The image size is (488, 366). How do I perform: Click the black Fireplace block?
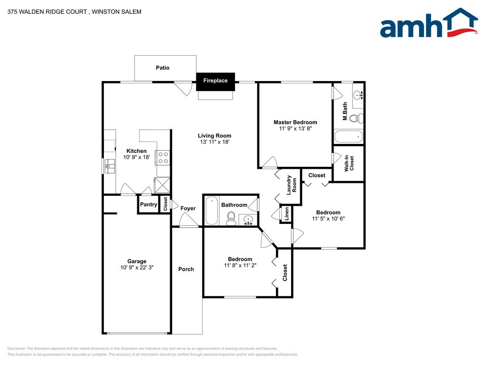click(215, 81)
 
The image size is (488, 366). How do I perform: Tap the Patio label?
click(163, 68)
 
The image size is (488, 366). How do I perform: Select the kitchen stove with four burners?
click(163, 157)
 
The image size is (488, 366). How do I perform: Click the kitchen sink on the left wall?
click(109, 166)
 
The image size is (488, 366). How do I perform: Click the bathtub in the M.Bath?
click(348, 137)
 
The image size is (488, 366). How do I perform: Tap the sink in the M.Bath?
click(358, 94)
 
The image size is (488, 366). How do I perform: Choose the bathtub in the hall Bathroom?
click(212, 211)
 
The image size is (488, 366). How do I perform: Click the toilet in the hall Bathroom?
click(231, 218)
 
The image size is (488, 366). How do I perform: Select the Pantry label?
click(149, 204)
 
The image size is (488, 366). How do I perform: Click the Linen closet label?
click(286, 214)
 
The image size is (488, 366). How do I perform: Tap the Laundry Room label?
click(291, 185)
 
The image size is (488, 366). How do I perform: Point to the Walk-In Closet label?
click(349, 163)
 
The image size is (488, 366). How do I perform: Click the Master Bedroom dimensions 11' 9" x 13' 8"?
click(295, 128)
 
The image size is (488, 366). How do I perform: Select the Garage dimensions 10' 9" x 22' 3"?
click(137, 267)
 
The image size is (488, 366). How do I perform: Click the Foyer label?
click(188, 209)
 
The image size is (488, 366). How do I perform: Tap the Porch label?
click(186, 269)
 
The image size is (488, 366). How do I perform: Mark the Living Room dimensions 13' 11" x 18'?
click(215, 142)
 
